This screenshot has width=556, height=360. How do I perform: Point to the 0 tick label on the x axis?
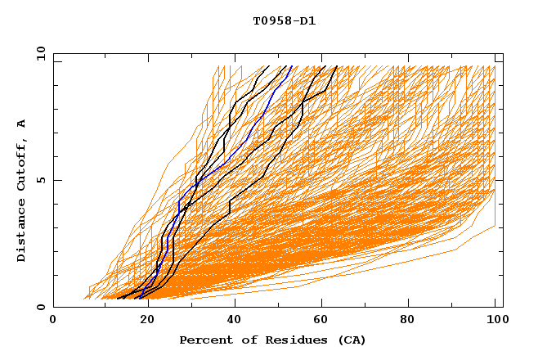click(x=53, y=320)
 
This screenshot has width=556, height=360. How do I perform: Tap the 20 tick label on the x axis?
click(x=141, y=320)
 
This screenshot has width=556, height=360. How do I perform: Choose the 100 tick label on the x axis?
click(x=495, y=320)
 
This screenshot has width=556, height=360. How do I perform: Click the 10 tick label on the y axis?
click(x=41, y=53)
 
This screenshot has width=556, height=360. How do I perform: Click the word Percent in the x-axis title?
click(x=203, y=340)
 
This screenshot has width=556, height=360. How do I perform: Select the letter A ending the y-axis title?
click(x=21, y=123)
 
